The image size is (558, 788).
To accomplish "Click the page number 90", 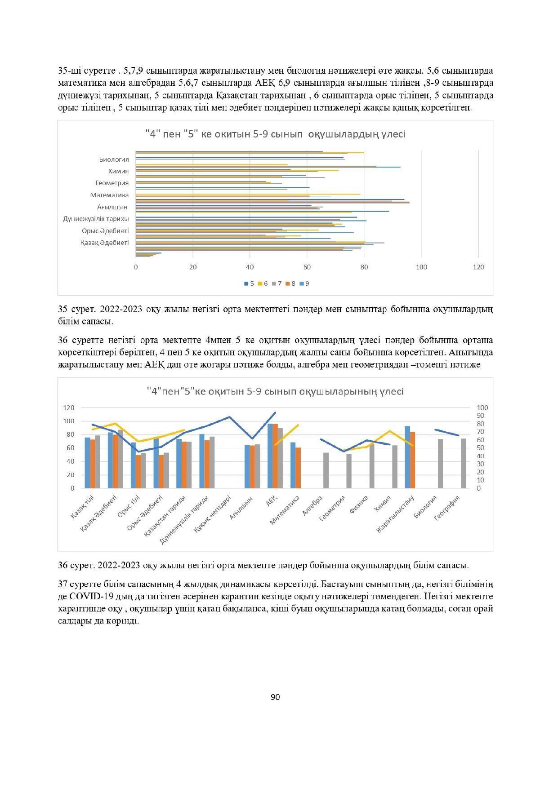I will [x=275, y=697].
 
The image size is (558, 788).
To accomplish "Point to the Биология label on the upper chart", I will [x=114, y=159].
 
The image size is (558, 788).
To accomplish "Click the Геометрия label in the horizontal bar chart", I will [x=112, y=183].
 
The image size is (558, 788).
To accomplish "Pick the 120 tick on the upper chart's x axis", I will [x=478, y=267].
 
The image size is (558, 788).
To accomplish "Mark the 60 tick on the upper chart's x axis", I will [x=307, y=267].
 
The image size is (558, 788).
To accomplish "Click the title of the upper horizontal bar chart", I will [x=275, y=134].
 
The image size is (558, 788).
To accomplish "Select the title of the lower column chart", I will [x=275, y=391].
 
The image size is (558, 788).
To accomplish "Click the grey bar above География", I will [x=463, y=463].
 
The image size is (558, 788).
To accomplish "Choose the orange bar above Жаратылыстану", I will [x=412, y=460].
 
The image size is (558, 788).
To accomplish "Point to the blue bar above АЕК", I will [x=270, y=456].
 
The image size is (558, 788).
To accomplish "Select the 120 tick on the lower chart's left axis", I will [x=69, y=408].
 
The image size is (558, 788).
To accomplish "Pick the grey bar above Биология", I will [x=441, y=463].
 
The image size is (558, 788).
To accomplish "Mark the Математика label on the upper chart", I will [x=109, y=195].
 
